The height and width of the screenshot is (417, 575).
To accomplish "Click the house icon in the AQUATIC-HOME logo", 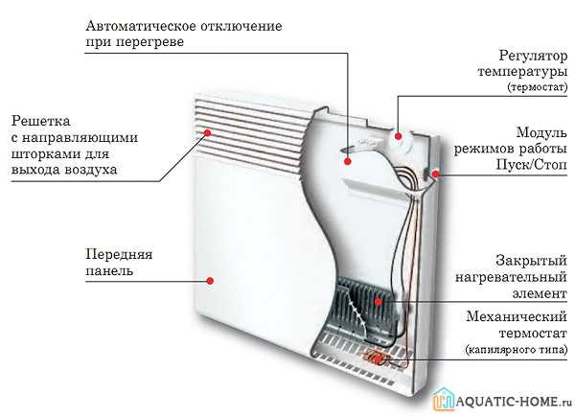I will click(444, 398).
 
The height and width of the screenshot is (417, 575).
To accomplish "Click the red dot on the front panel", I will click(210, 281).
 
